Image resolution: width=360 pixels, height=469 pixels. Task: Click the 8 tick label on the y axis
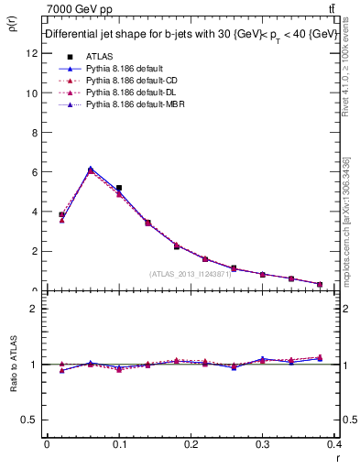(34, 132)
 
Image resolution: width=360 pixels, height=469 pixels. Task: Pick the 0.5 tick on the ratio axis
(30, 420)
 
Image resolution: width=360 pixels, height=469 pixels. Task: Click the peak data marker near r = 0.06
(90, 169)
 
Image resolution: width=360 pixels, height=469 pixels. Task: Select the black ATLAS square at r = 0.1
(119, 188)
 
